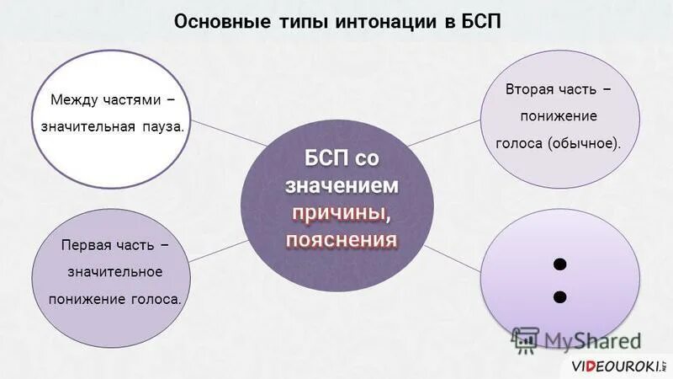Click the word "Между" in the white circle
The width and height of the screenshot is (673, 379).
pos(75,101)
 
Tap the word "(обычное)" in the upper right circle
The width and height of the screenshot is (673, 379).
pos(586,143)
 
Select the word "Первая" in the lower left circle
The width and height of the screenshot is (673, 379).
pos(87,245)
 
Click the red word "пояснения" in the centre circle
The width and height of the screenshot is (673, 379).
pos(342,240)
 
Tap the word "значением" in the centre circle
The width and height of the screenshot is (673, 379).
pos(342,184)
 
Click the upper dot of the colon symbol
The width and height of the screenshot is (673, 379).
pos(561,264)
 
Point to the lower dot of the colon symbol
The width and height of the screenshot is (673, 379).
pos(561,296)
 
